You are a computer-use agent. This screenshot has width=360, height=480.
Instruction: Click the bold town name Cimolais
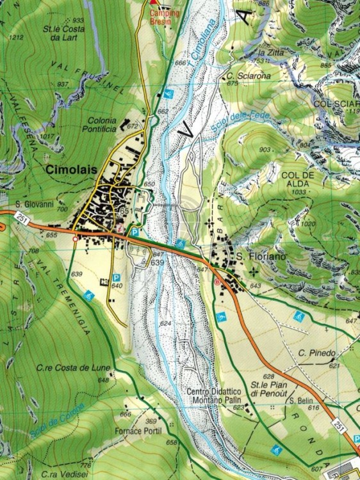[x=69, y=170]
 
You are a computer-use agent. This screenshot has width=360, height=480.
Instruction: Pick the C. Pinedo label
[x=316, y=353]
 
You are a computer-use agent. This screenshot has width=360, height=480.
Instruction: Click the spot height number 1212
[x=17, y=38]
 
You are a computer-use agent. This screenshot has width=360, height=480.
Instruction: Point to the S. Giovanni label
[x=32, y=205]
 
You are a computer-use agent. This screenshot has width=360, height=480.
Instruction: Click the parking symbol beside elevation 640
[x=117, y=277]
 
